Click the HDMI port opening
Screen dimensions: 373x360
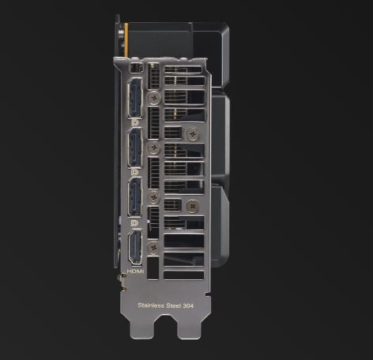click(x=135, y=247)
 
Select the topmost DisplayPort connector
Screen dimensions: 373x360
click(x=135, y=98)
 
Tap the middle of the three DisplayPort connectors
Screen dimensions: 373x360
click(x=135, y=147)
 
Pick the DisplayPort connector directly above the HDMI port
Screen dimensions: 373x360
click(x=135, y=197)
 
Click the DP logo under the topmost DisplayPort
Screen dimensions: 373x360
click(x=135, y=123)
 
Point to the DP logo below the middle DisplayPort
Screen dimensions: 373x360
click(x=134, y=172)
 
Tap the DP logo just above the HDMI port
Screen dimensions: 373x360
click(x=134, y=223)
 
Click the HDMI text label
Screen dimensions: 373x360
click(x=135, y=271)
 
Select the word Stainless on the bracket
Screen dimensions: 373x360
click(x=151, y=305)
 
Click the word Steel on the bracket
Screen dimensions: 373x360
click(x=174, y=305)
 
